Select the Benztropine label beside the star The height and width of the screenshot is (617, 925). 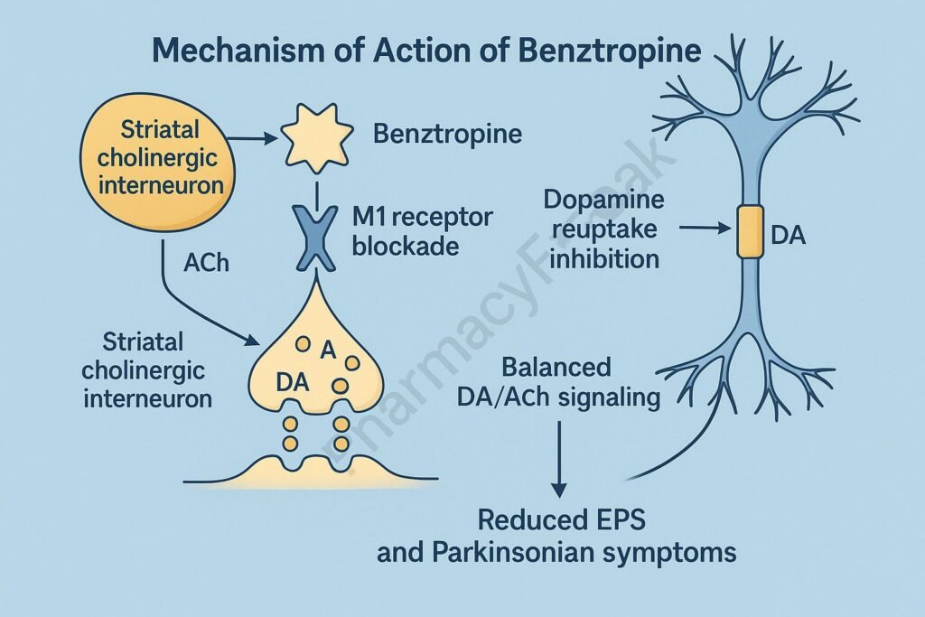click(x=447, y=135)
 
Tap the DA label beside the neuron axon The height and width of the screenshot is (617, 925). click(x=788, y=237)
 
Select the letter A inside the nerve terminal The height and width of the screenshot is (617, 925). click(x=328, y=349)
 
